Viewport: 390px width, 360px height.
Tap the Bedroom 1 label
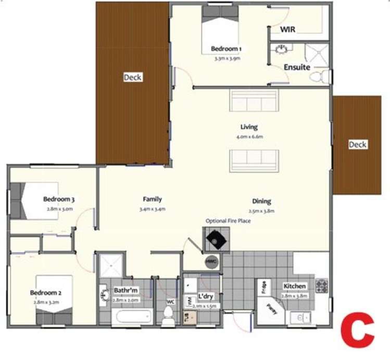(226, 49)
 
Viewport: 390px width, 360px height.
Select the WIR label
(288, 30)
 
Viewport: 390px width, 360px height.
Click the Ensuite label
(297, 67)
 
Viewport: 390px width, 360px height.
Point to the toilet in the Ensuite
(319, 77)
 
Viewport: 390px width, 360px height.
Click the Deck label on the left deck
(132, 77)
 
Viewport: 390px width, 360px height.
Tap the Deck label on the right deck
(357, 144)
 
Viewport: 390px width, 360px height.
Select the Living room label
(249, 127)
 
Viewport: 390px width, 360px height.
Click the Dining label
(261, 201)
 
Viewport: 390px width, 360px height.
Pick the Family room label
(153, 199)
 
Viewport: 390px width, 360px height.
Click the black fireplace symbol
(215, 240)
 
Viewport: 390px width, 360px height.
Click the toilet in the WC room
(168, 316)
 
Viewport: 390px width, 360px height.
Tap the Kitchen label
(295, 286)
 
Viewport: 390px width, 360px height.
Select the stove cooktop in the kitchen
(321, 286)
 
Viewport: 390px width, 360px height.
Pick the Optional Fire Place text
(228, 221)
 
